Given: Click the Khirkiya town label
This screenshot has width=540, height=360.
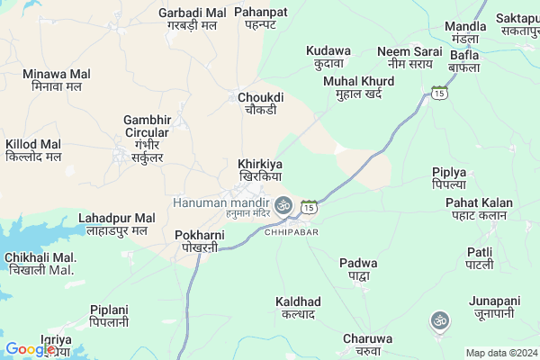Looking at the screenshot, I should click(x=260, y=171).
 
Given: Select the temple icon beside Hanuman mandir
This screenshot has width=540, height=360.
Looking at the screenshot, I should click(x=283, y=205).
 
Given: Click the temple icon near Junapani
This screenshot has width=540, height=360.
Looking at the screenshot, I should click(x=440, y=319).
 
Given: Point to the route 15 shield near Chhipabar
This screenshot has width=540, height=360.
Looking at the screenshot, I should click(x=309, y=207).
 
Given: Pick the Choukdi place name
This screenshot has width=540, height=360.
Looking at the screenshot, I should click(x=261, y=103).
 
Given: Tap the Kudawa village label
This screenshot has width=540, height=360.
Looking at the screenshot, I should click(x=328, y=58).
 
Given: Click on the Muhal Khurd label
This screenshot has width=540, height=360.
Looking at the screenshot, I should click(x=358, y=87).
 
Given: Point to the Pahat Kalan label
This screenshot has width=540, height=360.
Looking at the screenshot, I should click(x=480, y=209).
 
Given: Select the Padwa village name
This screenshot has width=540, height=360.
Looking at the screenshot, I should click(x=358, y=269).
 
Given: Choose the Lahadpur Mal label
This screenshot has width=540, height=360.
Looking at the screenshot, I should click(x=117, y=225).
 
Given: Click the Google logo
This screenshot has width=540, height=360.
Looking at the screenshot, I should click(x=30, y=349).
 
